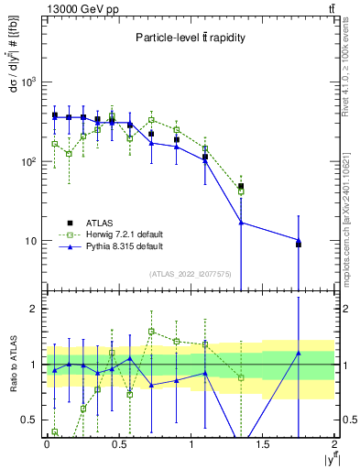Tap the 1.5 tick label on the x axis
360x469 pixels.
(x=263, y=443)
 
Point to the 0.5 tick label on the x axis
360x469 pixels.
(x=118, y=443)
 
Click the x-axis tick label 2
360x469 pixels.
(x=335, y=443)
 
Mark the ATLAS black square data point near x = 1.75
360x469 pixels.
(x=299, y=245)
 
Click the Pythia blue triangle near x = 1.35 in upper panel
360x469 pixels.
(x=241, y=223)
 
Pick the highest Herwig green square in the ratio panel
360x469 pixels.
(x=152, y=332)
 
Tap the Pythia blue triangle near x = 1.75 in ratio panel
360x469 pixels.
(x=299, y=353)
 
